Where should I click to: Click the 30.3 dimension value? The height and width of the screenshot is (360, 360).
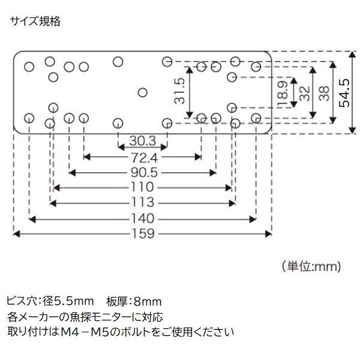(x=142, y=142)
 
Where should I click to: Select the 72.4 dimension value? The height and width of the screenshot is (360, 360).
(x=142, y=158)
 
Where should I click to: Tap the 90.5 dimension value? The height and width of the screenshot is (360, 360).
(x=142, y=173)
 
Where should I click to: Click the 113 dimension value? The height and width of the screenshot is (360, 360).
(x=142, y=202)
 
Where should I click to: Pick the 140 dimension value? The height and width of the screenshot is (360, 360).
(x=142, y=218)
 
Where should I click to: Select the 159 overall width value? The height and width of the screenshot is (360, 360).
(x=142, y=233)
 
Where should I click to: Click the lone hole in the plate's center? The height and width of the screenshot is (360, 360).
(x=142, y=92)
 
